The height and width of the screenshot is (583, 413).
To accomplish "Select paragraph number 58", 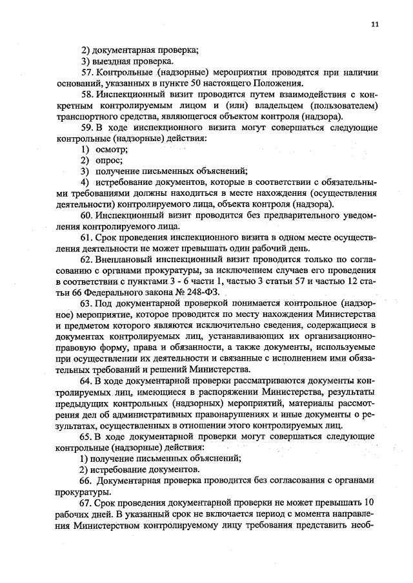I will click(x=87, y=94).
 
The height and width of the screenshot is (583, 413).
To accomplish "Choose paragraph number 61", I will click(x=87, y=238).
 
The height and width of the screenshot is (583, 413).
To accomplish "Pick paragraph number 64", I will click(x=87, y=380).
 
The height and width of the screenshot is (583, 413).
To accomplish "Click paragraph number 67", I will click(x=87, y=502).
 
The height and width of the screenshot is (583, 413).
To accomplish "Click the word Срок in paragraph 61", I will click(x=105, y=238).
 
